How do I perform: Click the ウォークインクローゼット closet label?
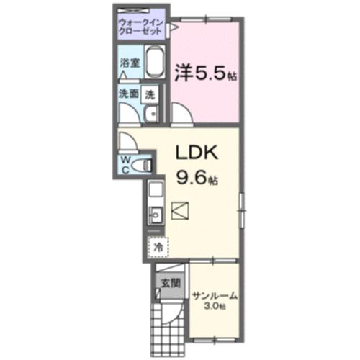(142, 27)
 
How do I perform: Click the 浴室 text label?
(130, 62)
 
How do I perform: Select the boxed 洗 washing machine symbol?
(150, 94)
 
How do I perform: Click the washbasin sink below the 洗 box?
(151, 114)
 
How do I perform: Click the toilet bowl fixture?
(145, 165)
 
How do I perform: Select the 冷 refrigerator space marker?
(157, 247)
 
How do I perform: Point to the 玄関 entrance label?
(164, 279)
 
